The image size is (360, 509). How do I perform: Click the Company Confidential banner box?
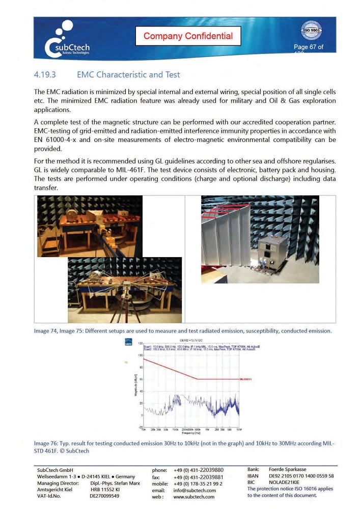coord(188,36)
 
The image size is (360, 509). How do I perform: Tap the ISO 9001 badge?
coord(311,31)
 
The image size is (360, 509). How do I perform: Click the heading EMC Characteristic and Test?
coord(128,75)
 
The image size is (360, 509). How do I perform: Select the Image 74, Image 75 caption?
coord(182,331)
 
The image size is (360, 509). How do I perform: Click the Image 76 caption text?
coord(184,447)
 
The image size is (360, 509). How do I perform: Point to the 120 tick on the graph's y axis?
coord(140,344)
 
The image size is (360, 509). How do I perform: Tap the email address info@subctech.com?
coord(195,490)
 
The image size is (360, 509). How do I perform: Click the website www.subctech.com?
coord(193,497)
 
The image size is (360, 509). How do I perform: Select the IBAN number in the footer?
coord(301,476)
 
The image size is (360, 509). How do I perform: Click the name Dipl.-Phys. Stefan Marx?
coord(115,483)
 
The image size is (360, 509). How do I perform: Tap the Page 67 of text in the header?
coord(308,47)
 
